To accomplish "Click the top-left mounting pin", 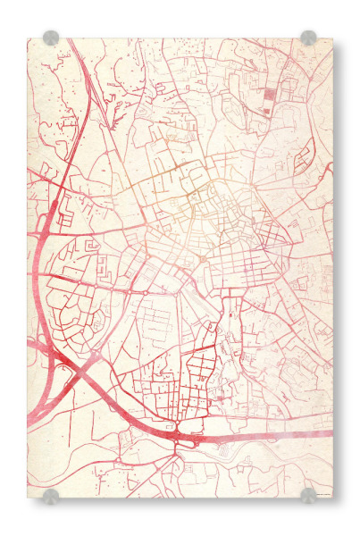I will (51, 38).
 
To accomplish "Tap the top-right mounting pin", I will (308, 38).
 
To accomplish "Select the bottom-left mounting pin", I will (51, 496).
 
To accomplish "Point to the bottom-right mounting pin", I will (308, 496).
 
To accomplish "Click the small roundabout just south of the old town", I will (203, 260).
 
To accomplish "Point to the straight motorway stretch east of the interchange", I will (268, 435).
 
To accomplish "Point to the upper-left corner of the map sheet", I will (29, 39).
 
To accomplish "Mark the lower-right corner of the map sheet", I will (331, 497).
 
